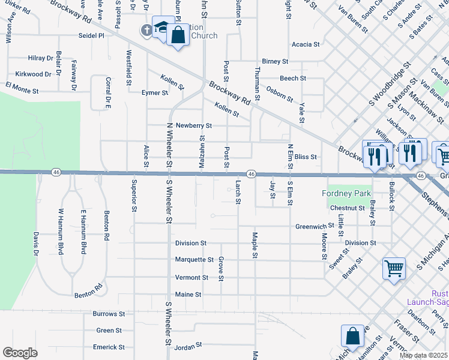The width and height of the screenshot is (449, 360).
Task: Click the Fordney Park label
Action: pos(346,193)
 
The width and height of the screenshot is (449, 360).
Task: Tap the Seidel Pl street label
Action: pos(91,35)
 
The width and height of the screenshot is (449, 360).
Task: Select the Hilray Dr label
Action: pos(40,58)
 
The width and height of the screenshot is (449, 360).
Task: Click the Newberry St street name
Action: pos(190,125)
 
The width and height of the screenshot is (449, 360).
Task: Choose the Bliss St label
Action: pos(306,157)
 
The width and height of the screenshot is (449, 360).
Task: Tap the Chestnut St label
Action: pos(347,208)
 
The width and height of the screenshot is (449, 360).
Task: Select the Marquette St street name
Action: pos(194,260)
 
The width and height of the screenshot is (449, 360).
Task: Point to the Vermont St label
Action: pos(191,278)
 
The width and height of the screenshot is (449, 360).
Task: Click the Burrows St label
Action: pos(109,314)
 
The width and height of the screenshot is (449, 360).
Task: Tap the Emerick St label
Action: pos(109,347)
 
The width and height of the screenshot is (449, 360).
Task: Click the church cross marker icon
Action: pos(146,29)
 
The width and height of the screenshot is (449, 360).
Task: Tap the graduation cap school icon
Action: pos(161,26)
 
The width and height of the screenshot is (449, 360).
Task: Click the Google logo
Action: pos(20,353)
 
